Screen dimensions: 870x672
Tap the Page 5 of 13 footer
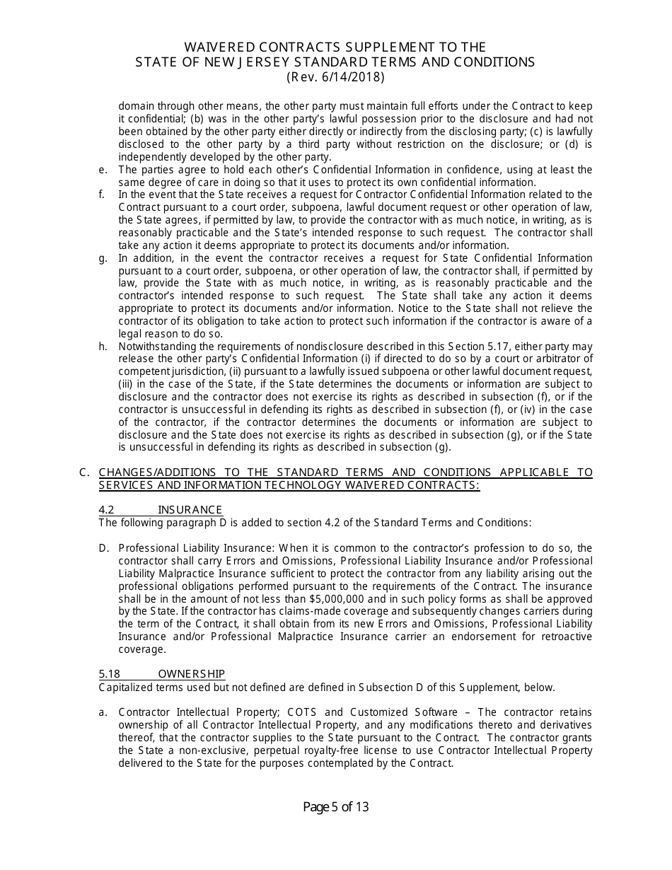point(336,807)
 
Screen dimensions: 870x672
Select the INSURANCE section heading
point(190,510)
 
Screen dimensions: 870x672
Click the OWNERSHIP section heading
point(191,674)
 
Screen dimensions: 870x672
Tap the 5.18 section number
point(109,674)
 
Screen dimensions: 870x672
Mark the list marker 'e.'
point(103,170)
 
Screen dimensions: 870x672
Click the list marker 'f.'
point(103,195)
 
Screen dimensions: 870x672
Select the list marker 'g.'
point(103,258)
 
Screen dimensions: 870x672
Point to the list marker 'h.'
point(103,347)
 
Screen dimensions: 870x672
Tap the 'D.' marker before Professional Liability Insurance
point(104,548)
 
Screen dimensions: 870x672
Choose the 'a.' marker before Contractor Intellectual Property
point(103,712)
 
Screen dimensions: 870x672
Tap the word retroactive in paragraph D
point(562,637)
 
